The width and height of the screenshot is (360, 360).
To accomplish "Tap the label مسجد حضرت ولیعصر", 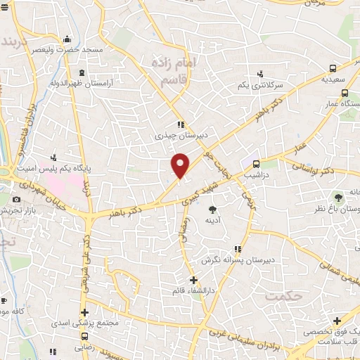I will point(74,51).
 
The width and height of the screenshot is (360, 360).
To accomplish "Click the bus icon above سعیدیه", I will point(333,69).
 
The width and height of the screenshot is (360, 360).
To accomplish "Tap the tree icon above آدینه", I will point(212,209).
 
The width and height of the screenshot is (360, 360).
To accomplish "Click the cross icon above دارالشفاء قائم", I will point(193,279).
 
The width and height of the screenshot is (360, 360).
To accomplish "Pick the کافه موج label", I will point(14,310).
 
